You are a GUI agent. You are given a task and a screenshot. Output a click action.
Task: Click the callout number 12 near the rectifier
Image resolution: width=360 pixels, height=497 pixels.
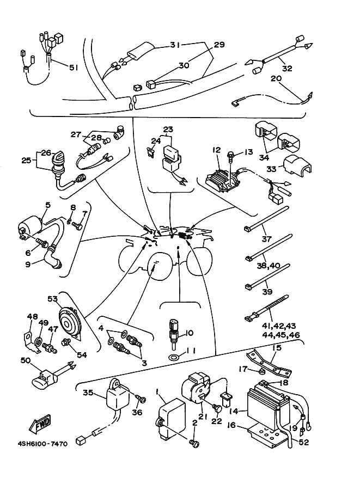pyautogui.click(x=217, y=150)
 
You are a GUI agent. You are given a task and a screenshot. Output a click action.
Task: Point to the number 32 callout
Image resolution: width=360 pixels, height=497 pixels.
pyautogui.click(x=288, y=69)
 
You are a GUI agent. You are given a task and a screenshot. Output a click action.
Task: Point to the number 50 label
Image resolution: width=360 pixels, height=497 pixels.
pyautogui.click(x=25, y=360)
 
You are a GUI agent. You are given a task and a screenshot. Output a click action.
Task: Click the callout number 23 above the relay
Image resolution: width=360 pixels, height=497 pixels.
pyautogui.click(x=168, y=130)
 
